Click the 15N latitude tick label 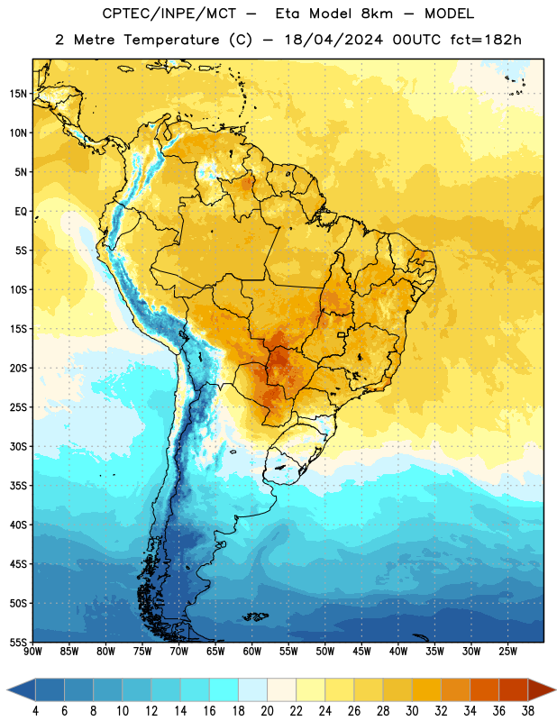(18, 94)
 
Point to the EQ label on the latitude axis (21, 212)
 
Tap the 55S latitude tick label (18, 642)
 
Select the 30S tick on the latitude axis (18, 446)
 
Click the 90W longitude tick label (32, 652)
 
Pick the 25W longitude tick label (507, 652)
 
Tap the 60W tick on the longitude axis (252, 652)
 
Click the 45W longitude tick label (362, 652)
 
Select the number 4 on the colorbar (35, 711)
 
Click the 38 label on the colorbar (528, 711)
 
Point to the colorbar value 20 (267, 711)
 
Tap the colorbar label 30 (412, 711)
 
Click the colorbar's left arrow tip (7, 689)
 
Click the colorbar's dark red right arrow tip (555, 689)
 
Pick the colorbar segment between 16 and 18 (224, 689)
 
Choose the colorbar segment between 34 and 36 (485, 689)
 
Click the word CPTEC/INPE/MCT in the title (169, 14)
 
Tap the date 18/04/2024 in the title (333, 40)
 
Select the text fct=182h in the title (486, 40)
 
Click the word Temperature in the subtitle (171, 41)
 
